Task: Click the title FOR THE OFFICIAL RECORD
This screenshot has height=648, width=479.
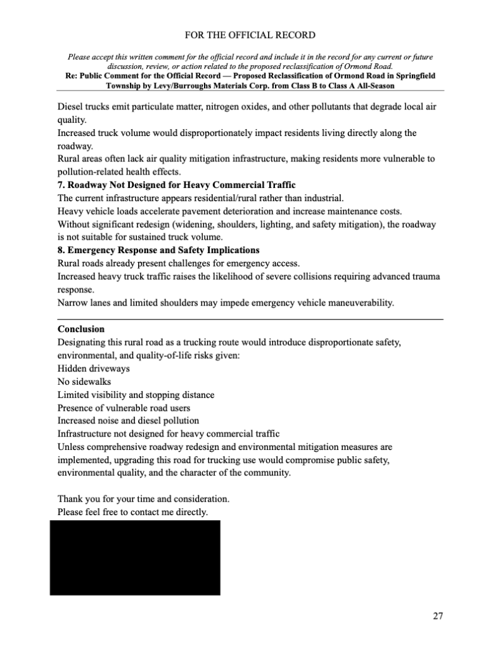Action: click(239, 35)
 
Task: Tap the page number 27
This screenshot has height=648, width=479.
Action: click(438, 616)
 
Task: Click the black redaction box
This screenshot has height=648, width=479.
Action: click(135, 558)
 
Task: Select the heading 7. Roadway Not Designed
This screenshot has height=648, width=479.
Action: click(177, 185)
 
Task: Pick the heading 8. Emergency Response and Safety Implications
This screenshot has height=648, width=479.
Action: click(158, 250)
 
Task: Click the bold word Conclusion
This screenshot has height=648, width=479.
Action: click(81, 329)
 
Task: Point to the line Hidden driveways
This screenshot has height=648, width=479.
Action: click(93, 368)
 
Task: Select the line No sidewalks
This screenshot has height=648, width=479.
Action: click(84, 382)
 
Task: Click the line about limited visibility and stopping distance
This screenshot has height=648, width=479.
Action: click(136, 395)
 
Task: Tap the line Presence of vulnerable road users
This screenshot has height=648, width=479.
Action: click(124, 408)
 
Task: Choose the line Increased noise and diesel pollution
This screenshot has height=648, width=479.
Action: click(128, 421)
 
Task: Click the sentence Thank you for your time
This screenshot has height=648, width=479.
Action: click(143, 499)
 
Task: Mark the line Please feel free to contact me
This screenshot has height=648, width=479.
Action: click(132, 511)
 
